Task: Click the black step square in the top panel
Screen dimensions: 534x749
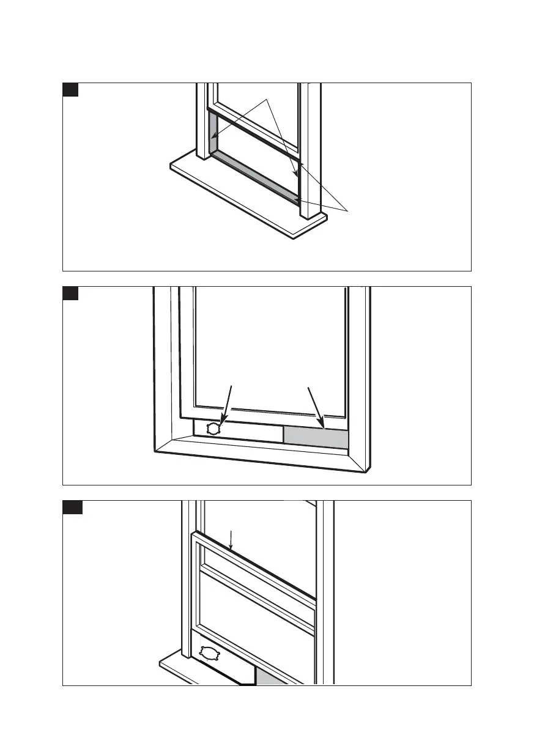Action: [70, 90]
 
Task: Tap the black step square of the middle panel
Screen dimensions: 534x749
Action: [70, 293]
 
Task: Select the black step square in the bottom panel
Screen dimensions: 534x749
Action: [72, 507]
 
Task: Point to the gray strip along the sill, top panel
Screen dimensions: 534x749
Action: [257, 177]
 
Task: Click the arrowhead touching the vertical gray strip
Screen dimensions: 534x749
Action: [213, 136]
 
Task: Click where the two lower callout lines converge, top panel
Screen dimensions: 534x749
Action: [349, 212]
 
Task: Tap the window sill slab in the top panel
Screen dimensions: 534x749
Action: [245, 196]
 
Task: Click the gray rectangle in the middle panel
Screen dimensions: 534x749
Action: [316, 437]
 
